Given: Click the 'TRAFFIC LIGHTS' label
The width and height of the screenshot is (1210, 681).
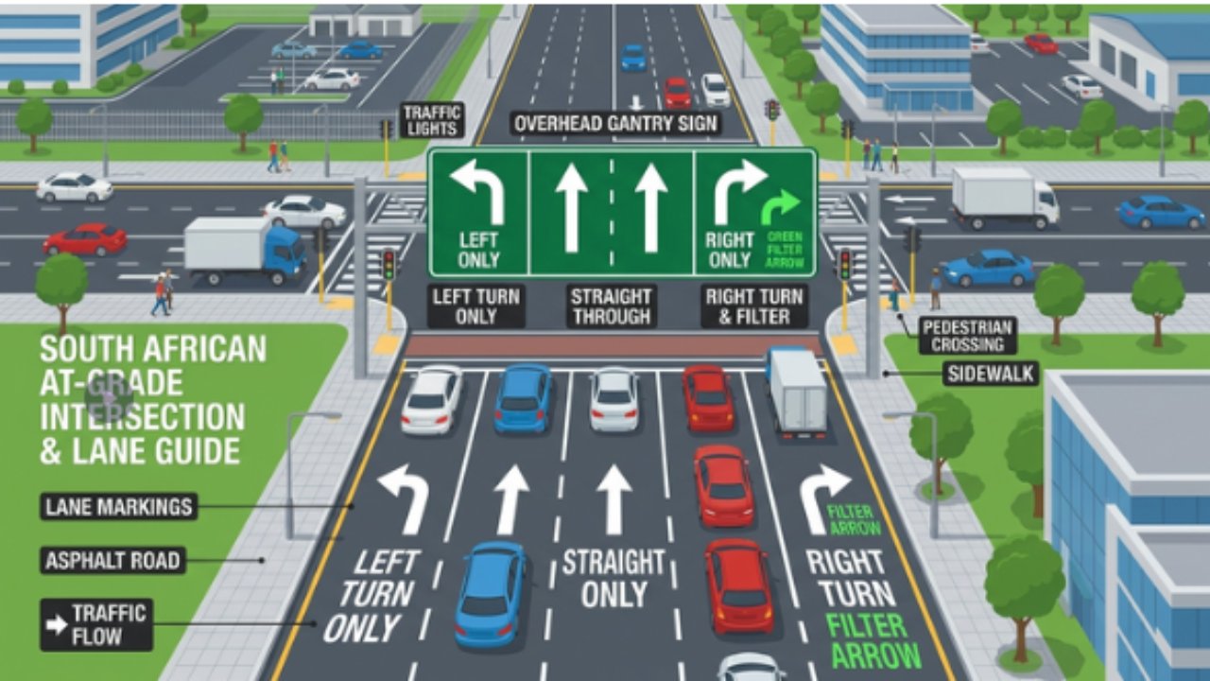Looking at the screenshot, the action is (x=432, y=120).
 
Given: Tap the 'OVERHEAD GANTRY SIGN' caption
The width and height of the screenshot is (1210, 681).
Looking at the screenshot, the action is (x=615, y=124).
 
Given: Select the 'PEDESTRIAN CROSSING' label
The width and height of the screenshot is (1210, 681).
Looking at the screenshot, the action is (x=967, y=336).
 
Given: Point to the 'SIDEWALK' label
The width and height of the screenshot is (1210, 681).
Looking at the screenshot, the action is (x=991, y=374).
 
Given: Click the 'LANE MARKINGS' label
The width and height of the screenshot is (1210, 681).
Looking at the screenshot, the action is (x=119, y=507).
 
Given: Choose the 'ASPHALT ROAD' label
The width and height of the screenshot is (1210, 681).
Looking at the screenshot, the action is (x=112, y=561).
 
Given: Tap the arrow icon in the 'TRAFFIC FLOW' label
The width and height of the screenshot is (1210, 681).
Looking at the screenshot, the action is (x=56, y=625).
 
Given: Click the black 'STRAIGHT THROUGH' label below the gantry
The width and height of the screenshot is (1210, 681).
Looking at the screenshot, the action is (x=612, y=306).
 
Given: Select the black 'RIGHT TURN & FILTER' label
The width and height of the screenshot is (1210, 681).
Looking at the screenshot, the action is (x=754, y=306).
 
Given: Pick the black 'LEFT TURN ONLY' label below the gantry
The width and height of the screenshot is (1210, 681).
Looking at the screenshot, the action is (x=475, y=306).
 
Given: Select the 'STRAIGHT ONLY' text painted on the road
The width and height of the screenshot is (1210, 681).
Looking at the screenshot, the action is (x=614, y=579).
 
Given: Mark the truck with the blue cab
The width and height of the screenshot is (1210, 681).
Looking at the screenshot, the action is (x=245, y=251).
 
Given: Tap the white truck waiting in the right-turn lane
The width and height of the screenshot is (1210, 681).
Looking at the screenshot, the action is (x=797, y=391).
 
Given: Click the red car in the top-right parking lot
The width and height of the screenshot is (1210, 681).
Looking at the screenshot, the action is (x=1041, y=44).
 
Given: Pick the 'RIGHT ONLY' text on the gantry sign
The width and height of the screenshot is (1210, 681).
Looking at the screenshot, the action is (x=729, y=250).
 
